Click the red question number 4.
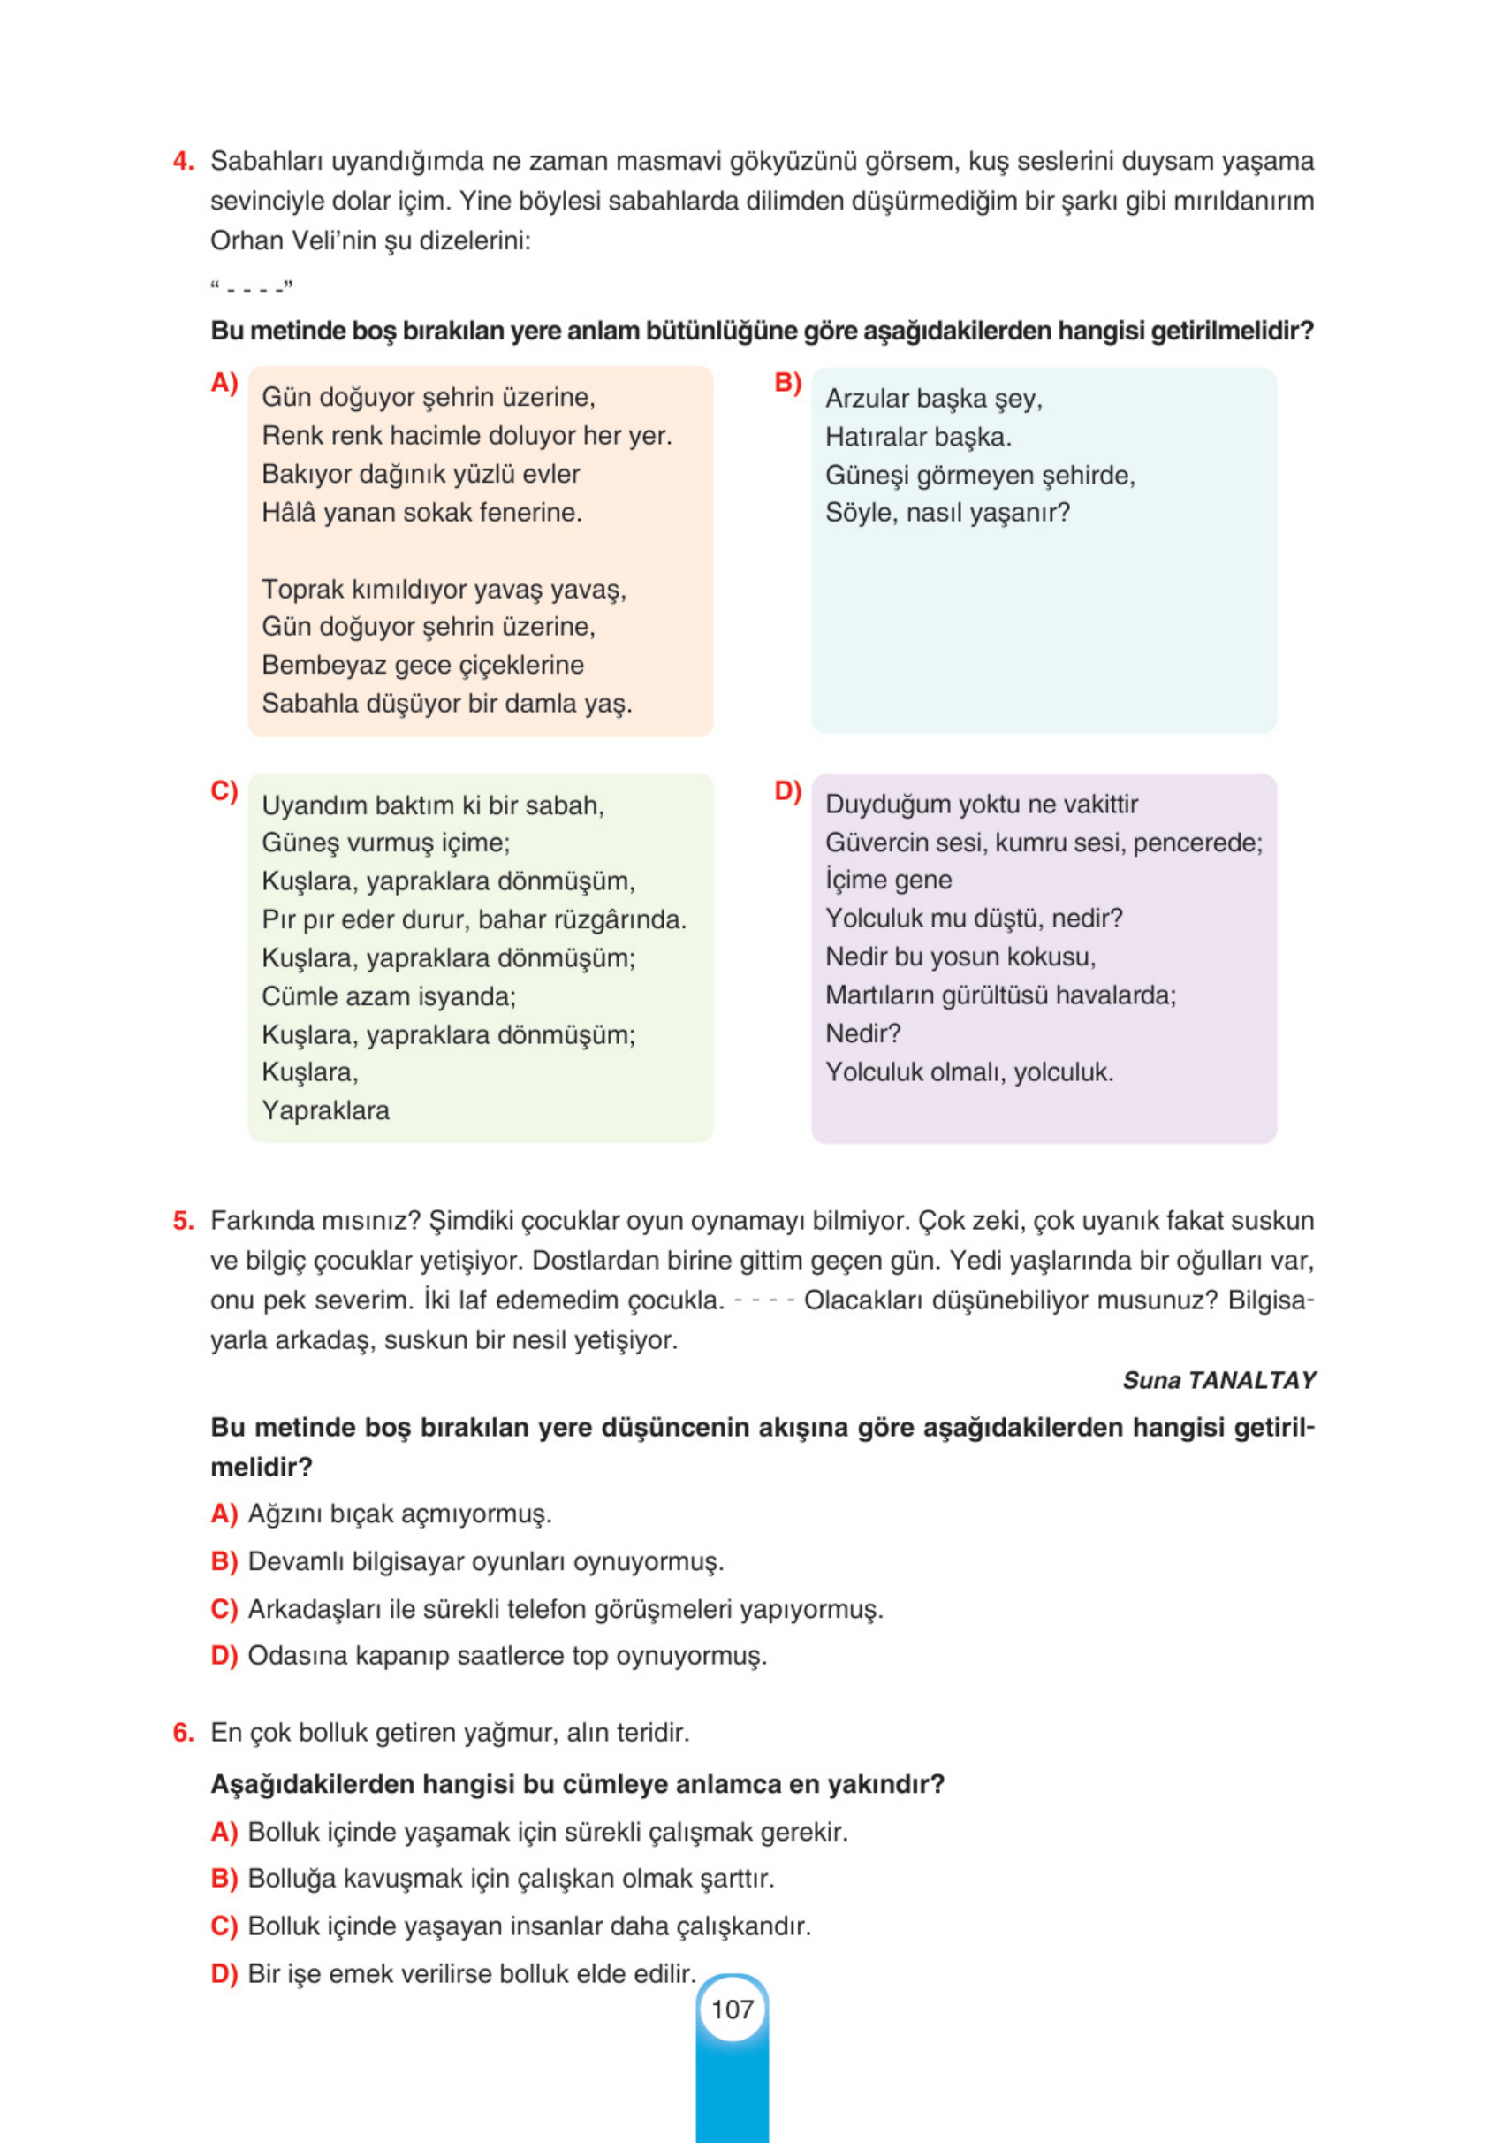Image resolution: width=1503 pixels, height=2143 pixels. coord(183,162)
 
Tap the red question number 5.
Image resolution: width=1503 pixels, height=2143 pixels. coord(183,1221)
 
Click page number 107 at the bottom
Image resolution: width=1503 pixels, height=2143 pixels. coord(733,2009)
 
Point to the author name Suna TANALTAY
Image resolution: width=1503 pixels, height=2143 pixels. coord(1218,1380)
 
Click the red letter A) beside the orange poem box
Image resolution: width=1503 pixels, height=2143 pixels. coord(224,383)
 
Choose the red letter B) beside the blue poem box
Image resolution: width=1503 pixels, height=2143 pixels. coord(787,383)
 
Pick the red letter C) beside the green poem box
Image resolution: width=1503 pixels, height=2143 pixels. coord(224,790)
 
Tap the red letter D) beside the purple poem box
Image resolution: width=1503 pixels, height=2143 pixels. coord(787,790)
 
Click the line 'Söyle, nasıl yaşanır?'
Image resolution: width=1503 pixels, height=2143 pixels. coord(947,513)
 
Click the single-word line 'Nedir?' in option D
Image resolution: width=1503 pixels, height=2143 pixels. coord(862,1033)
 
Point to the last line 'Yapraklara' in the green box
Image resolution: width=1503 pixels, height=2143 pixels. coord(324,1110)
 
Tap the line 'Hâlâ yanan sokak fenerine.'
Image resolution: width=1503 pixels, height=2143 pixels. coord(421,513)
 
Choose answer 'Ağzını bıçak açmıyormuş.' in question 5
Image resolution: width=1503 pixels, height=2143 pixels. coord(399,1514)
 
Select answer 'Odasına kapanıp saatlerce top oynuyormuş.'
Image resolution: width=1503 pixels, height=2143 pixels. coord(506,1656)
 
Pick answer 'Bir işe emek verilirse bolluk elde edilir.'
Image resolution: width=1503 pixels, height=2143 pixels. coord(471,1974)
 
